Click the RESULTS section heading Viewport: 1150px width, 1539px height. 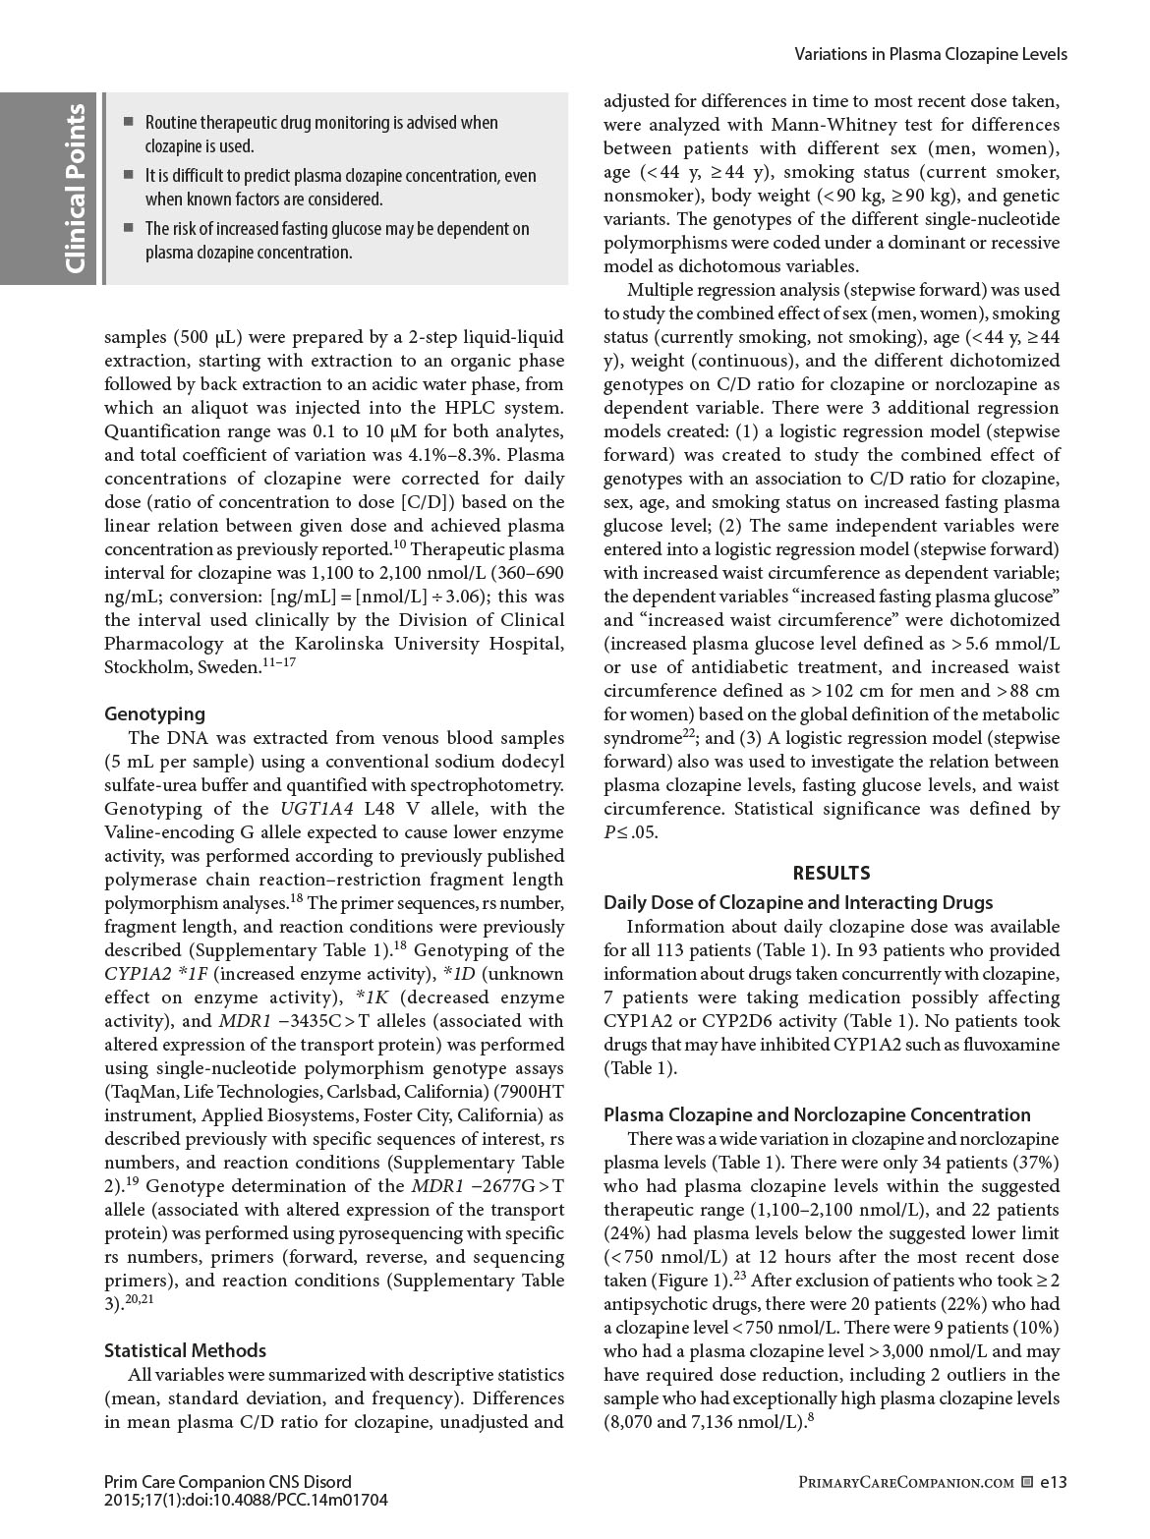click(x=831, y=873)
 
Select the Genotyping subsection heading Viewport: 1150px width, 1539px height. click(x=154, y=713)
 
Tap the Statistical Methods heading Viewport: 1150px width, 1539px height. click(x=185, y=1350)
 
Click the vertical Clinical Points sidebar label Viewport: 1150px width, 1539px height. click(x=75, y=188)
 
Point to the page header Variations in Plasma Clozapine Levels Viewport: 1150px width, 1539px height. click(x=930, y=54)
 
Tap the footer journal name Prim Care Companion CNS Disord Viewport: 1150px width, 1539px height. click(x=227, y=1482)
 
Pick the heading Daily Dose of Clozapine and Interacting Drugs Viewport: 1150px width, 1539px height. click(x=798, y=902)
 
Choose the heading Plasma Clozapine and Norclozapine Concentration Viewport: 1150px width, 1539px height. click(x=817, y=1114)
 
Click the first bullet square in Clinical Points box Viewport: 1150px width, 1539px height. click(x=128, y=123)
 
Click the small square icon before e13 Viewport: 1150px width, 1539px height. click(x=1027, y=1482)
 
